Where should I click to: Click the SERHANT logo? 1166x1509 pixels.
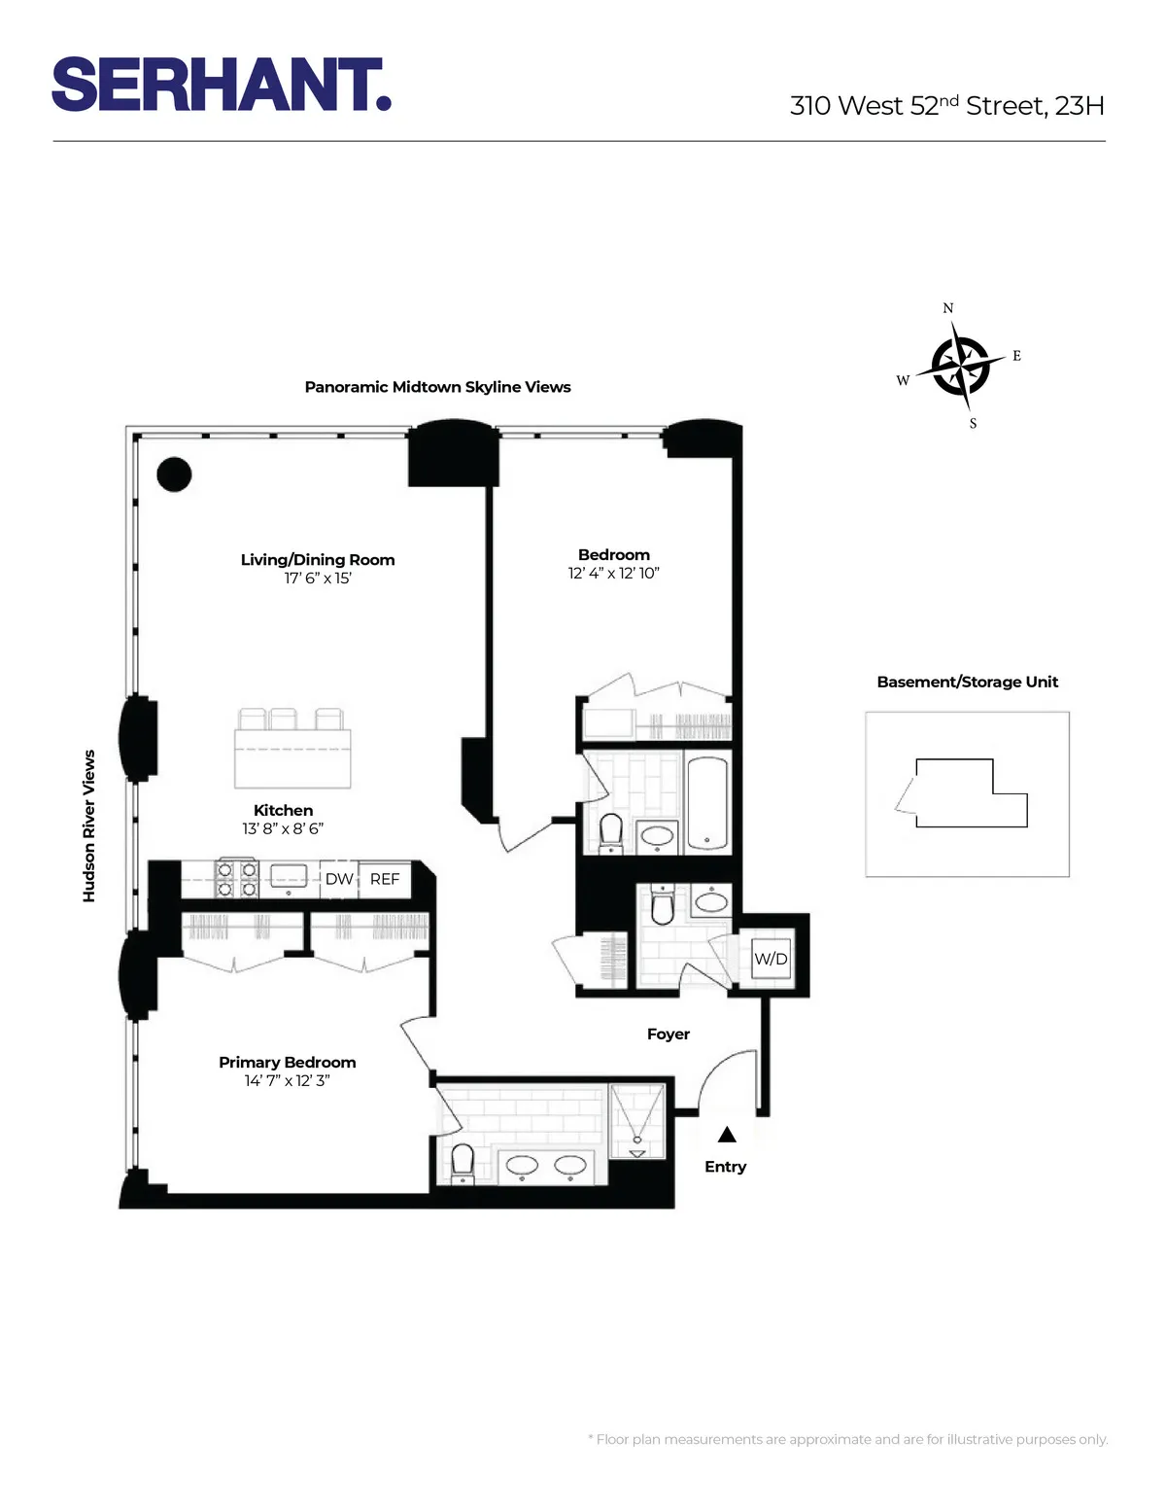pyautogui.click(x=222, y=85)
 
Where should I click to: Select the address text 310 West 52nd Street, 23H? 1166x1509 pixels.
pyautogui.click(x=946, y=105)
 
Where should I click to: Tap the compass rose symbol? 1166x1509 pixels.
pyautogui.click(x=960, y=367)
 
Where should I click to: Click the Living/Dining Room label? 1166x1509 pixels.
pyautogui.click(x=318, y=560)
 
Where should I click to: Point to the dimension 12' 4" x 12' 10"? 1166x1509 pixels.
pyautogui.click(x=613, y=574)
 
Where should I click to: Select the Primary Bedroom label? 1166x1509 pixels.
pyautogui.click(x=287, y=1062)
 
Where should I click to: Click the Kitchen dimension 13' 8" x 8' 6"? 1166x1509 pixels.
pyautogui.click(x=283, y=828)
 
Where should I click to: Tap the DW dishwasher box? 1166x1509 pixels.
pyautogui.click(x=339, y=879)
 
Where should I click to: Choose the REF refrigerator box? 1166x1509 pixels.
pyautogui.click(x=385, y=879)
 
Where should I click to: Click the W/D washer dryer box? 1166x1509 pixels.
pyautogui.click(x=771, y=959)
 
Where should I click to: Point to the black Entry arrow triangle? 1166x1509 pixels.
pyautogui.click(x=727, y=1135)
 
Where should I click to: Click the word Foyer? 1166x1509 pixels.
pyautogui.click(x=669, y=1035)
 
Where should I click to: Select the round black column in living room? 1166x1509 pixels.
pyautogui.click(x=175, y=474)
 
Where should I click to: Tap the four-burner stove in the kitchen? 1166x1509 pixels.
pyautogui.click(x=236, y=879)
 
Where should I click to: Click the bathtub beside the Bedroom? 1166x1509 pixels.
pyautogui.click(x=706, y=803)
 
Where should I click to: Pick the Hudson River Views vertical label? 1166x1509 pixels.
pyautogui.click(x=89, y=825)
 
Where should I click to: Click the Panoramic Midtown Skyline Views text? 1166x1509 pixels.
pyautogui.click(x=437, y=387)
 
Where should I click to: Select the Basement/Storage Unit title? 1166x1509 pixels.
pyautogui.click(x=967, y=682)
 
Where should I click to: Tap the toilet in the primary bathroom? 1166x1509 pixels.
pyautogui.click(x=463, y=1161)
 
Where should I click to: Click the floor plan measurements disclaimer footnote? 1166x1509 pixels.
pyautogui.click(x=847, y=1439)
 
